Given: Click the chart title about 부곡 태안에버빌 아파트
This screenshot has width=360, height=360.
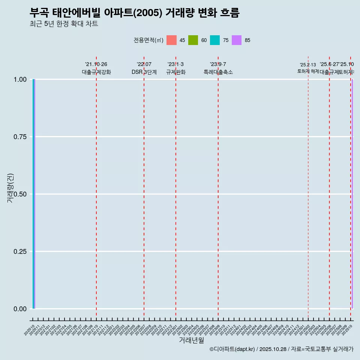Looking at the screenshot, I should pos(134,13).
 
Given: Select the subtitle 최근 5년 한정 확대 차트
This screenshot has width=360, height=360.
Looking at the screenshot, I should pos(64,24).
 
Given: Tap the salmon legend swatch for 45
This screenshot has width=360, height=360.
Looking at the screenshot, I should pos(171,40).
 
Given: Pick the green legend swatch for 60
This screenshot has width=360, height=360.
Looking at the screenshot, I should pos(193,40).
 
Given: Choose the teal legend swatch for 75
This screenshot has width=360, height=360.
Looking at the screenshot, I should pos(215,40).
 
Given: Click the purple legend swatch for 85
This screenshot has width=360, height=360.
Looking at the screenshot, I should pos(237,40).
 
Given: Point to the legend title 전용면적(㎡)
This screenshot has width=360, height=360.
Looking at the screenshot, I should pos(148,40).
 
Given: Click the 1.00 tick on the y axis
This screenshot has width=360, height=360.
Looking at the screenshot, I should pos(20,79).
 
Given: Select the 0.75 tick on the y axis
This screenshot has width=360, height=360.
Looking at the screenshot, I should pos(20,137).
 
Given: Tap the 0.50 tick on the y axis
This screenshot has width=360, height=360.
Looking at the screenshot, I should pos(20,194).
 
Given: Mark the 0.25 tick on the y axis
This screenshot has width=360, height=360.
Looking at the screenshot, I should pos(20,252).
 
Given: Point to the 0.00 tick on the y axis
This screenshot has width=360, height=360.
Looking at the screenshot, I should pos(20,309).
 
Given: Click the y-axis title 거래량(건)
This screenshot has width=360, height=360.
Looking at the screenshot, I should pos(10,188).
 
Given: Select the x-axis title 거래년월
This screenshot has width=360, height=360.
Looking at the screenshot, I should pos(191,340).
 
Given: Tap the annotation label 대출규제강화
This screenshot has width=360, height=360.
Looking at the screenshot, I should pos(96,72).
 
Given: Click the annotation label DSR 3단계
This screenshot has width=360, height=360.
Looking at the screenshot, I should pos(144,72).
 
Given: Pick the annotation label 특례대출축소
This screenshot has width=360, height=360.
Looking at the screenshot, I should pos(218,72).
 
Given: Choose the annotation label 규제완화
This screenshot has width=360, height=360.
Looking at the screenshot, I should pos(176,72).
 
